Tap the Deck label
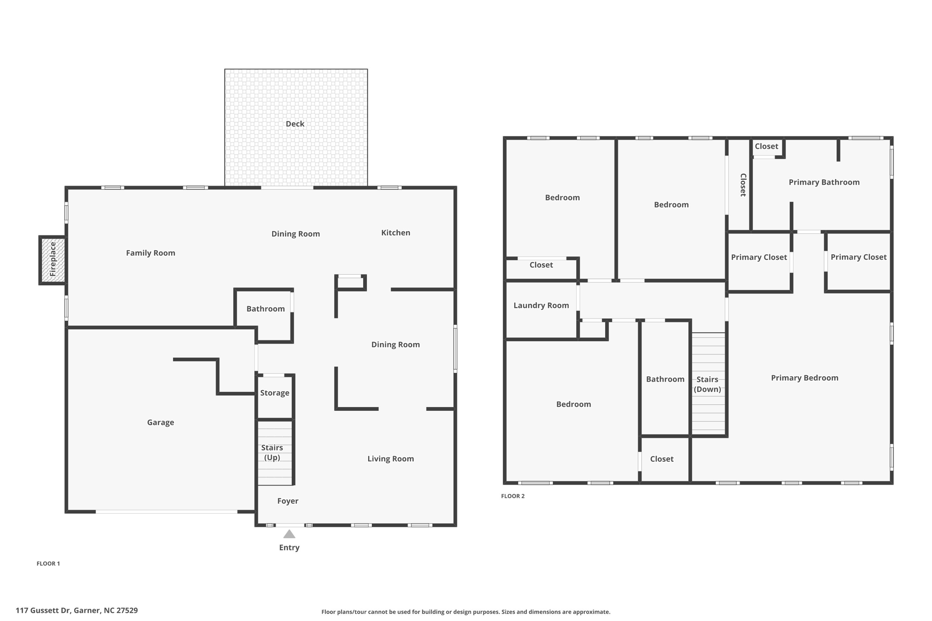(295, 124)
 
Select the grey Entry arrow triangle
(289, 534)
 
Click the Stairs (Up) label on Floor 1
(272, 452)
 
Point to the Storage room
(274, 393)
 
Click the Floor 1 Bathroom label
(265, 309)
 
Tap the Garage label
(160, 423)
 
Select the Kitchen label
(395, 233)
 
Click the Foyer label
(288, 501)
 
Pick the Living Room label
(390, 459)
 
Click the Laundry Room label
(541, 305)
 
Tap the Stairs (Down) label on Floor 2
(707, 384)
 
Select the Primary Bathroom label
(824, 182)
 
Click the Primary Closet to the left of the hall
(759, 257)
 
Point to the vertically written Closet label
(743, 185)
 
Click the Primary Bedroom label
(804, 378)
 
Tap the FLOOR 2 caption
(513, 496)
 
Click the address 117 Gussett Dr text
(76, 611)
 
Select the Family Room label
(150, 253)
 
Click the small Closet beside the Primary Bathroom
(766, 146)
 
